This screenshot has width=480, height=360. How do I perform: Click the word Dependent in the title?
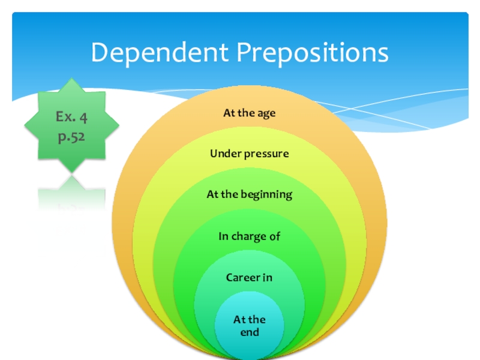[160, 53]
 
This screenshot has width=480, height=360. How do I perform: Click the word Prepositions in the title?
[312, 53]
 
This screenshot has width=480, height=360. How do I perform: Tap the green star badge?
[71, 125]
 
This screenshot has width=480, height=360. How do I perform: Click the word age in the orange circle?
[265, 113]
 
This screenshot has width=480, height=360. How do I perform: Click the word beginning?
[268, 194]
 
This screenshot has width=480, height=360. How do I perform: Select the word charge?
[248, 236]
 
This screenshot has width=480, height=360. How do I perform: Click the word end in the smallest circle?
[250, 332]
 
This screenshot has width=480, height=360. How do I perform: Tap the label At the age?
[249, 113]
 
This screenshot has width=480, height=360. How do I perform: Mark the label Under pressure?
[249, 154]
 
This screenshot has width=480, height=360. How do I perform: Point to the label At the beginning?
[249, 194]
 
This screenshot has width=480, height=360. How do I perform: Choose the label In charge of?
[249, 236]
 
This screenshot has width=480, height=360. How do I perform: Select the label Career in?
[249, 277]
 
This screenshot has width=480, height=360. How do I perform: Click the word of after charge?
[275, 236]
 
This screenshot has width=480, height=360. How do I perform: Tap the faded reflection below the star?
[71, 207]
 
